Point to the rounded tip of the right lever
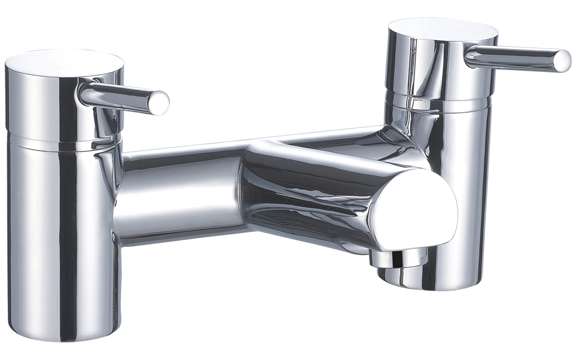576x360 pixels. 563,61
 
